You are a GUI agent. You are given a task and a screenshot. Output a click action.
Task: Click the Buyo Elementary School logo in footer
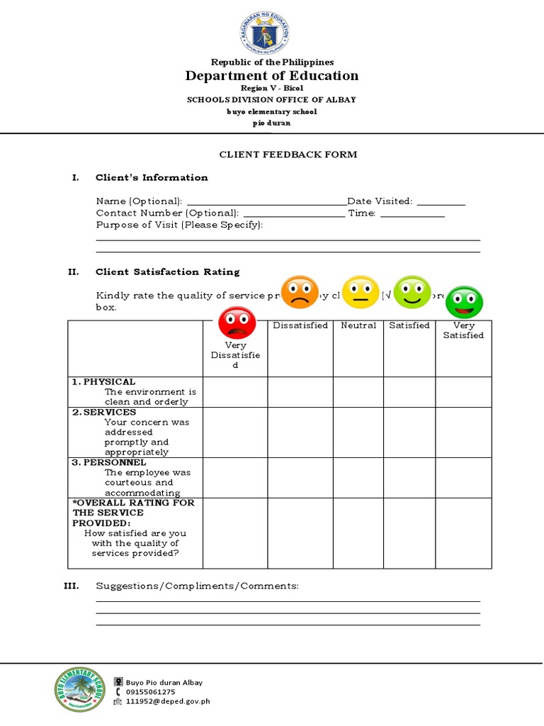81,691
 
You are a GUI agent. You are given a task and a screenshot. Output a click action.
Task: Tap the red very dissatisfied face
237,323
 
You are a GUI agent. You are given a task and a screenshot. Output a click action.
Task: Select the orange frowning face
300,292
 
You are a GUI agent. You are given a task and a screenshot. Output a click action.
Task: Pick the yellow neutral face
361,292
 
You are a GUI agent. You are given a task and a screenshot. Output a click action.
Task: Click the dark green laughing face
465,303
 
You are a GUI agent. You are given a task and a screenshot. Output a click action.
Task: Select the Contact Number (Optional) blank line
293,214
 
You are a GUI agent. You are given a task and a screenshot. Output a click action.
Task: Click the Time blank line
412,214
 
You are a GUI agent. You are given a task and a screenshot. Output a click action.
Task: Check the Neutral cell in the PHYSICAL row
358,392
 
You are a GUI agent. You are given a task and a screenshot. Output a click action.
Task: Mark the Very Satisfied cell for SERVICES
463,432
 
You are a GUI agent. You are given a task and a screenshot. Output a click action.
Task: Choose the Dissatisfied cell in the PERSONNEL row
300,477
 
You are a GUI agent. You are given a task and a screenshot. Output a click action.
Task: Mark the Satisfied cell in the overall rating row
409,532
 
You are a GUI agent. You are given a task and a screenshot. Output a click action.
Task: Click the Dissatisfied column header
300,325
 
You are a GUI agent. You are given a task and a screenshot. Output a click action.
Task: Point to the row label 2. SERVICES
104,412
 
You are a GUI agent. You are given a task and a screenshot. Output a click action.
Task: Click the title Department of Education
272,76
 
